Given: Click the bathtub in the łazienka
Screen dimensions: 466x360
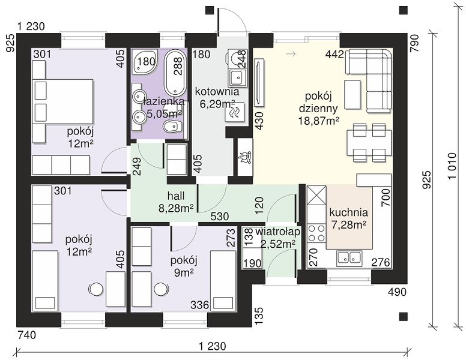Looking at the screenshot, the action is point(175,73).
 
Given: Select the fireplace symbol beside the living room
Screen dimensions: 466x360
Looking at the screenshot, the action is point(245,157).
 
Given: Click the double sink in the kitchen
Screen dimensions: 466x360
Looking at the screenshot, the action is point(349,258).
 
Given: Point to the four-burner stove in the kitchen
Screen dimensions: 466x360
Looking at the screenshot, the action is point(316,233).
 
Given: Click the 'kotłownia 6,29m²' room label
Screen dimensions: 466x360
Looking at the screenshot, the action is point(217,98).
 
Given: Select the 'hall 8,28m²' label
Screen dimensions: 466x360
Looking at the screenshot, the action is point(176,202).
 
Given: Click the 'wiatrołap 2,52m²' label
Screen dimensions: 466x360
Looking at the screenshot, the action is point(278,238).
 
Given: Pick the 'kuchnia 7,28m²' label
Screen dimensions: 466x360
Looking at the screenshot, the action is point(348,218).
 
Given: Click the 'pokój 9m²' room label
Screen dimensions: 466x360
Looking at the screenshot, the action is point(184,266).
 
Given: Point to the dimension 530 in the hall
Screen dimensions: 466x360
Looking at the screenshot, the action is point(220,216).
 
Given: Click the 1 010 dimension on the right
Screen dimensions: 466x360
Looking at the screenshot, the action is point(452,166).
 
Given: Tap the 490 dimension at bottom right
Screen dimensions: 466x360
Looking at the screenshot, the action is point(397,292).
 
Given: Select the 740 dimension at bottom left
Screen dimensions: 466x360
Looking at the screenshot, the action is point(27,335).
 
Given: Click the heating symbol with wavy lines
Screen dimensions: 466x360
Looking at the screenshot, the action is point(235,112).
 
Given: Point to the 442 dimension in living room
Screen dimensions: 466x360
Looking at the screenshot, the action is point(334,55).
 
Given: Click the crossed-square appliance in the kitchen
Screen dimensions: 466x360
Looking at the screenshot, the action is point(316,196).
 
